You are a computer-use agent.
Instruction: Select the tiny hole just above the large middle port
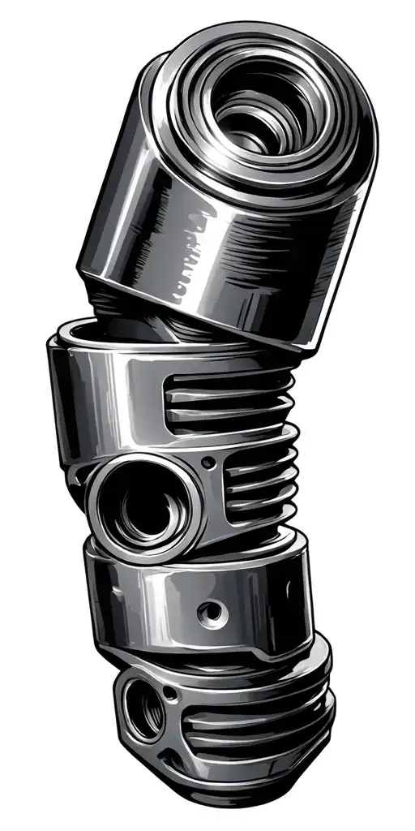click(x=208, y=463)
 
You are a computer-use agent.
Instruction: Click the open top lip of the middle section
click(x=97, y=333)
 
